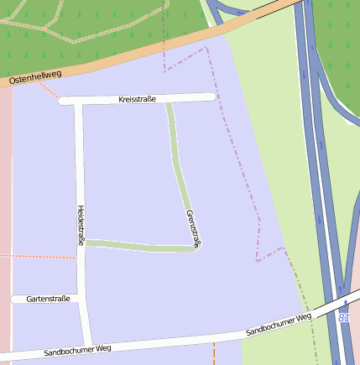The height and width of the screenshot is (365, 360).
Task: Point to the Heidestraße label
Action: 81,225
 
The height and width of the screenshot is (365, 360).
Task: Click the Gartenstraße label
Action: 48,298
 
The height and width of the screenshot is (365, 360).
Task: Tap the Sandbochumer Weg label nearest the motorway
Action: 279,325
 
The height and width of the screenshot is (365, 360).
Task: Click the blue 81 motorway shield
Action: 344,318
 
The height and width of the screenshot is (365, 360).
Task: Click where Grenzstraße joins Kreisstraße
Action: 169,100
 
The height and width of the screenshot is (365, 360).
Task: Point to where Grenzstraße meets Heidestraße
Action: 84,243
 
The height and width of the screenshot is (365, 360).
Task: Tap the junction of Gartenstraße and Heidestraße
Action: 83,298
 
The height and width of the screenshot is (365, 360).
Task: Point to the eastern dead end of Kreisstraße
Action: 212,97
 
